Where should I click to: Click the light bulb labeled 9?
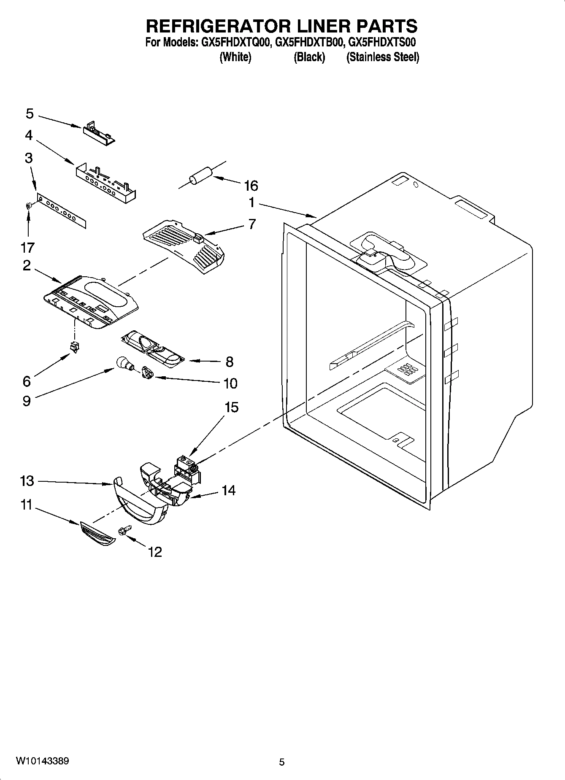point(123,362)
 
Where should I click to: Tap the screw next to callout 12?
point(125,530)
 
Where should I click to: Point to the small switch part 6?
point(75,347)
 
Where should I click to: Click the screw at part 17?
point(28,206)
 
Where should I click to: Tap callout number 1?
point(251,203)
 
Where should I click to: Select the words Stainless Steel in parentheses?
point(383,57)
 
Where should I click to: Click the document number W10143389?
point(43,761)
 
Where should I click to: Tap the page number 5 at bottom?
point(282,762)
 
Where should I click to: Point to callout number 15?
point(232,408)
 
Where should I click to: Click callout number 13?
point(27,480)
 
